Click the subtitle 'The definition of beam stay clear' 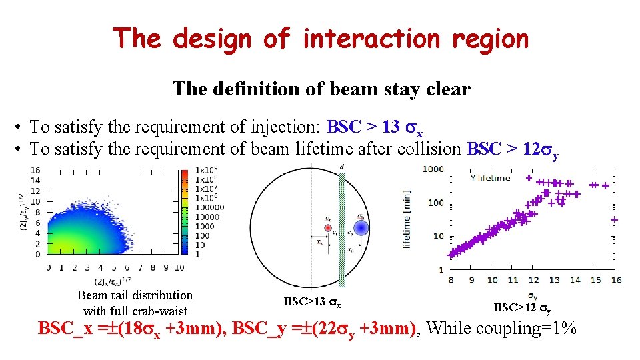click(x=321, y=89)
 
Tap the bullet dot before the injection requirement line click(x=21, y=127)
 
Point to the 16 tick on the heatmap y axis click(x=35, y=170)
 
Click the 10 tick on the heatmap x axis click(x=178, y=267)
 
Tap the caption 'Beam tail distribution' click(x=135, y=295)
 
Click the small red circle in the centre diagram click(x=327, y=228)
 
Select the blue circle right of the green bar click(x=361, y=228)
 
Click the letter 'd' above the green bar click(x=343, y=167)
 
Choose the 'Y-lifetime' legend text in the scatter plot click(x=491, y=178)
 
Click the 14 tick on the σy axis click(x=575, y=280)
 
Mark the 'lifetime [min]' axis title click(x=407, y=219)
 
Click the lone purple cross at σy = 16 click(x=614, y=219)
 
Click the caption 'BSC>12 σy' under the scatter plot click(x=521, y=307)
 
